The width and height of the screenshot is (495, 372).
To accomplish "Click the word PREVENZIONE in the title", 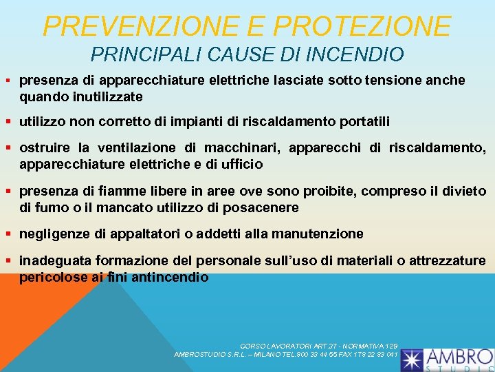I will [142, 26].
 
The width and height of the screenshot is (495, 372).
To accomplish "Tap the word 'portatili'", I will [364, 122].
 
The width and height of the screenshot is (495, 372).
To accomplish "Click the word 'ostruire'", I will [45, 147].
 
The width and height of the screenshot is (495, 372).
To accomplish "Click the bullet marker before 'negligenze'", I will [11, 234].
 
